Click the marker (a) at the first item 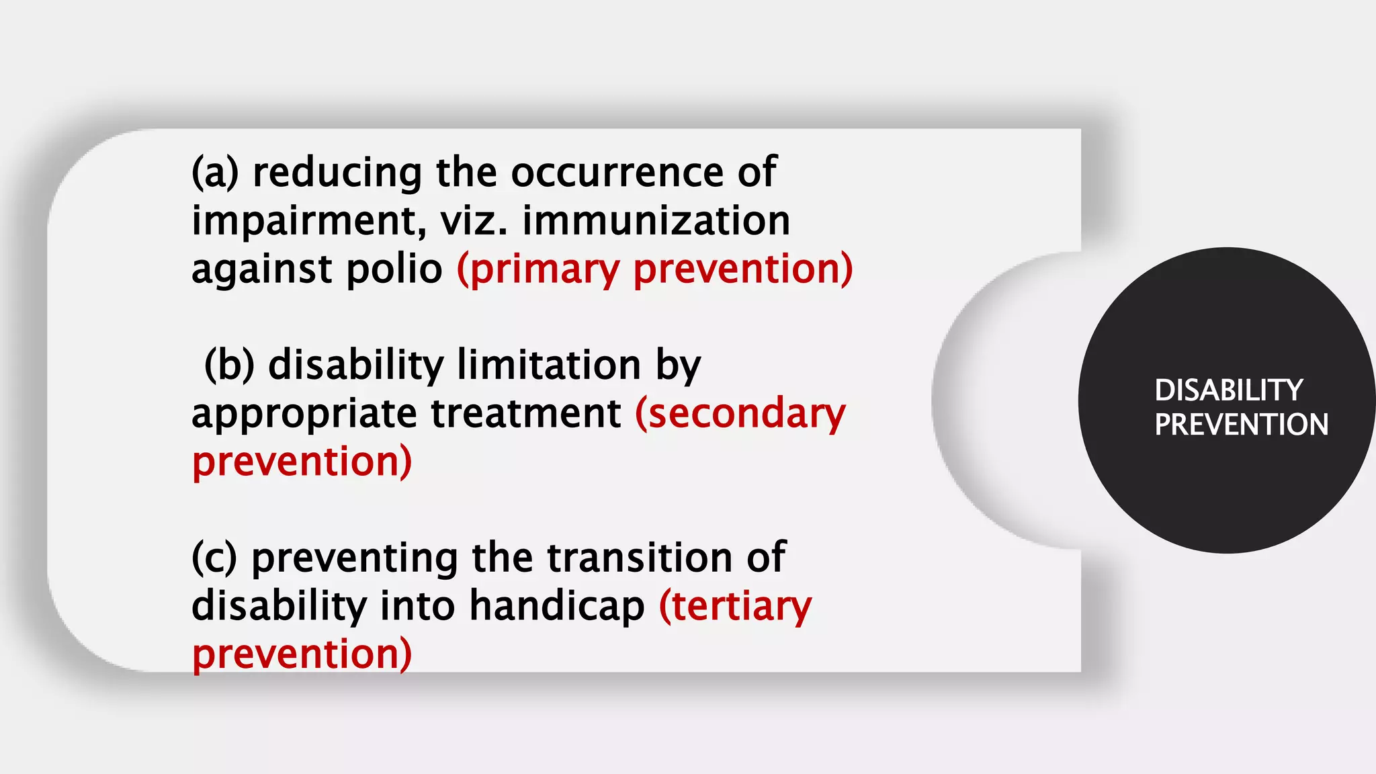215,173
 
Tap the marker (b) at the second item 229,365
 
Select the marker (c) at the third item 214,558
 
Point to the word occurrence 617,173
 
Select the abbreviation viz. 474,221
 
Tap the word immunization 656,221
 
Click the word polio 394,269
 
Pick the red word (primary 538,269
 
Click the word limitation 549,365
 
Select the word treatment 526,414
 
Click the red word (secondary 740,414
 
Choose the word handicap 557,607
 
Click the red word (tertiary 736,607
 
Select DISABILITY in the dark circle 1229,390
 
